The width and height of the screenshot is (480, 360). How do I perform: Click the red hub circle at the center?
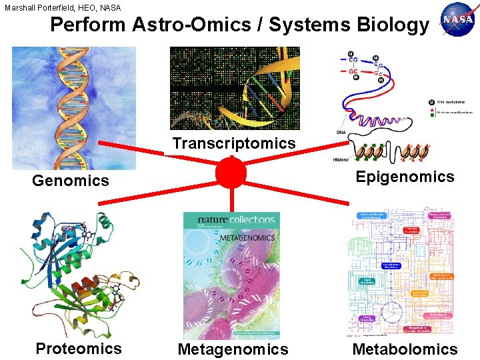[x=231, y=173]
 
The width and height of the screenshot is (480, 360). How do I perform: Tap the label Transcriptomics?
[x=233, y=143]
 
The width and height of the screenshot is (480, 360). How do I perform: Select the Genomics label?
[x=71, y=180]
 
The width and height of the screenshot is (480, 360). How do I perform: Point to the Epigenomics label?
[x=405, y=177]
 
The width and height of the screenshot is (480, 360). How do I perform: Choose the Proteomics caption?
[x=79, y=349]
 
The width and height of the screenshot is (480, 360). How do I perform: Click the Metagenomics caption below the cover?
[x=233, y=349]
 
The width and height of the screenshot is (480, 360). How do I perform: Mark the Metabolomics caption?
[x=405, y=349]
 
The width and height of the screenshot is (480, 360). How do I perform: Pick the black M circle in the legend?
[x=431, y=102]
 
